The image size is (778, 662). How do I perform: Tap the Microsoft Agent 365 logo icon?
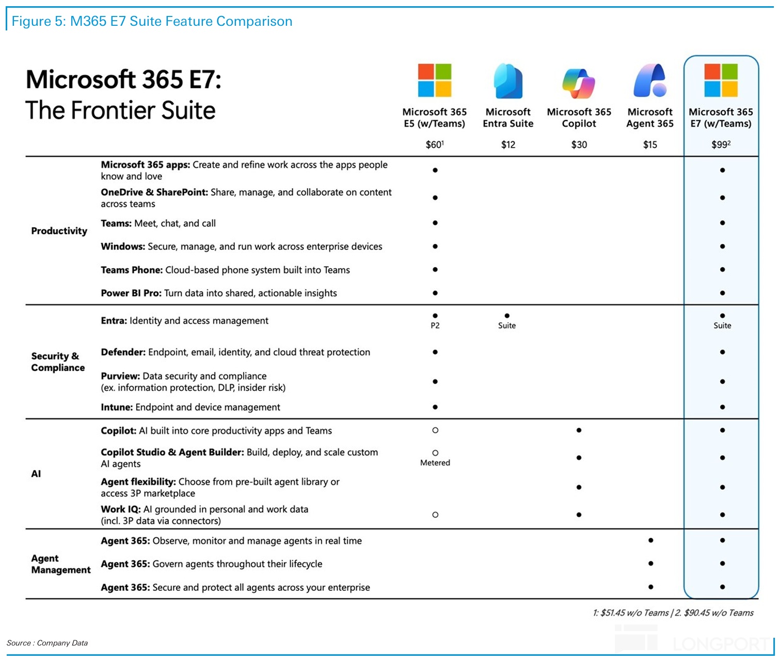tap(650, 81)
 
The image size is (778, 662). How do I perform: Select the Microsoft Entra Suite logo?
tap(508, 81)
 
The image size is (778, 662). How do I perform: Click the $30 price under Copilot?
tap(579, 145)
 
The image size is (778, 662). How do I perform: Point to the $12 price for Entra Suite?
tap(508, 145)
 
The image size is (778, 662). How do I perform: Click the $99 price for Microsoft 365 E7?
tap(721, 145)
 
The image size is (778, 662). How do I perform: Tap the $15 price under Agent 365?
tap(650, 145)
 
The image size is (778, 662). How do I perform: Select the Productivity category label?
tap(59, 231)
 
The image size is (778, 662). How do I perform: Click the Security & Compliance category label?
tap(58, 362)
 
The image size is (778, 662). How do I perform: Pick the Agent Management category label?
tap(60, 564)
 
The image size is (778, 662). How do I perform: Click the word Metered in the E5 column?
tap(435, 463)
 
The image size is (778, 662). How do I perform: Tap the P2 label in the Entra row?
tap(435, 326)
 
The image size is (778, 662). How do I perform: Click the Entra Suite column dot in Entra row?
tap(507, 316)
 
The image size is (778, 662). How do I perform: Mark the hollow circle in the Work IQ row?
tap(435, 515)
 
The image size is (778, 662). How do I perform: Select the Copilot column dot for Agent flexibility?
tap(579, 487)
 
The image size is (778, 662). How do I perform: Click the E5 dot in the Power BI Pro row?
tap(435, 293)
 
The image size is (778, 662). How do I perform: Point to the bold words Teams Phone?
tap(132, 270)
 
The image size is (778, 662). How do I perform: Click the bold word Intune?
tap(117, 407)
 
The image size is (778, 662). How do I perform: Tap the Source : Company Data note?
tap(47, 643)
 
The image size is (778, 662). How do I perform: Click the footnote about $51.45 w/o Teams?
tap(631, 613)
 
